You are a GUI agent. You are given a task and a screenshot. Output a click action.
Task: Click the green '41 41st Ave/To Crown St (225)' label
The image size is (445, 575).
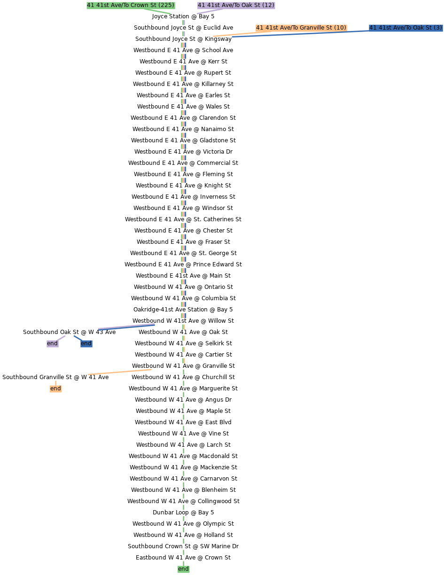tap(131, 5)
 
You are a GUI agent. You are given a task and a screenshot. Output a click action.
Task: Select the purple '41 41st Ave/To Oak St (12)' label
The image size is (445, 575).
tap(236, 5)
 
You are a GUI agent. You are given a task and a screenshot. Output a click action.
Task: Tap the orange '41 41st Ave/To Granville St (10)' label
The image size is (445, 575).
tap(301, 28)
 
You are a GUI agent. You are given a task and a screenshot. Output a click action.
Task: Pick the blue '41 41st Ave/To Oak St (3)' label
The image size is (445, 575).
tap(406, 28)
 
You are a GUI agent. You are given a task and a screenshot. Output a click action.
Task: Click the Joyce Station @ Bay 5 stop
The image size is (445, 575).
tap(183, 16)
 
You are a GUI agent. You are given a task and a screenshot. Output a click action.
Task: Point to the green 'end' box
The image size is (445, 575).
tap(183, 569)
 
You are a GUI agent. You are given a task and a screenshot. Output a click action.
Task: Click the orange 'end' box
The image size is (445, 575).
tap(55, 389)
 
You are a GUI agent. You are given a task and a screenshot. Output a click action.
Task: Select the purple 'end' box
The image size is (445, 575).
tap(52, 343)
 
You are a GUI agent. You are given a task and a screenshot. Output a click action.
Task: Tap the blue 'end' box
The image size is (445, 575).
tap(86, 343)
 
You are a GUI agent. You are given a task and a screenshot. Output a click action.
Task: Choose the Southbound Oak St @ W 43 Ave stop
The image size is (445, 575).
tap(70, 332)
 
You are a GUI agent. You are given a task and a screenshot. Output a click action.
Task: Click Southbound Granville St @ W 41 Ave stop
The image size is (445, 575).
tap(55, 377)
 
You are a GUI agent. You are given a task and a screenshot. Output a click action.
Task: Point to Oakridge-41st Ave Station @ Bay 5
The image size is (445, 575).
tap(183, 310)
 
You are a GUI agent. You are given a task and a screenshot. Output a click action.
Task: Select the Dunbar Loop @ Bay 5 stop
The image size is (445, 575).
tap(183, 513)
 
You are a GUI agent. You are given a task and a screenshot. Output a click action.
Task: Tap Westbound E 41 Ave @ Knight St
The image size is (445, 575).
tap(183, 186)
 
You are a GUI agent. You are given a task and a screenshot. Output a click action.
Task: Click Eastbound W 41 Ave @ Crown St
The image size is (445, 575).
tap(183, 558)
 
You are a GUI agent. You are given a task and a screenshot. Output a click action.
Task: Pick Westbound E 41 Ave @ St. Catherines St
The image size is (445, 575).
tap(183, 219)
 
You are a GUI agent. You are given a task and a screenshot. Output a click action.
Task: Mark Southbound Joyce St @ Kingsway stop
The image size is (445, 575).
tap(183, 39)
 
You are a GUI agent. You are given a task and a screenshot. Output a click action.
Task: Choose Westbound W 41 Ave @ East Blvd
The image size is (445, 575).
tap(183, 422)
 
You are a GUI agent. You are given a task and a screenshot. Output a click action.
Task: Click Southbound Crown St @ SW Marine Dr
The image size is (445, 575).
tap(183, 546)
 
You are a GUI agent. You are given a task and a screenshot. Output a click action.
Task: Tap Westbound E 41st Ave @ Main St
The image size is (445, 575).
tap(183, 276)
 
